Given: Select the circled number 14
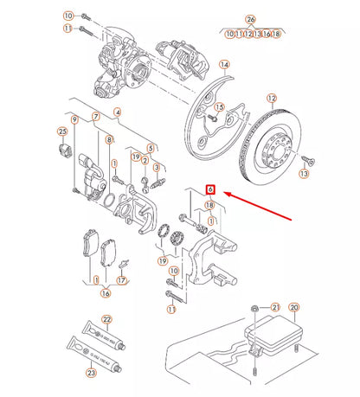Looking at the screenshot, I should pyautogui.click(x=223, y=65).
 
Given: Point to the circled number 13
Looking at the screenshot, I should pyautogui.click(x=303, y=173).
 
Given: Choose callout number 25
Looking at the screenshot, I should pyautogui.click(x=61, y=131).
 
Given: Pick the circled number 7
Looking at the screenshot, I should pyautogui.click(x=95, y=117).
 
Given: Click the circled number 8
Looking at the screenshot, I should pyautogui.click(x=109, y=139).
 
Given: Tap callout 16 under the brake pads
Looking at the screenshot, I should pyautogui.click(x=106, y=292).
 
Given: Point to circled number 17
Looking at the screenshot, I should pyautogui.click(x=121, y=280).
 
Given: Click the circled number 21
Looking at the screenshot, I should pyautogui.click(x=275, y=307).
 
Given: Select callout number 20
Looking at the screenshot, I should pyautogui.click(x=294, y=307).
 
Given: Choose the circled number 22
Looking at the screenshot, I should pyautogui.click(x=107, y=318).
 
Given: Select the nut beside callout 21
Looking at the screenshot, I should pyautogui.click(x=254, y=308).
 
